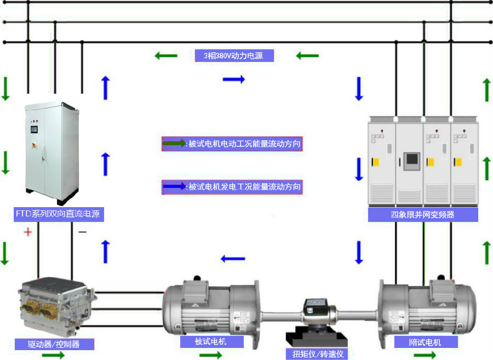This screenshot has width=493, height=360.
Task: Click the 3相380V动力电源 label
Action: pos(234,55)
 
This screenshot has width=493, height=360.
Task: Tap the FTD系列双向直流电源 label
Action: pos(58,214)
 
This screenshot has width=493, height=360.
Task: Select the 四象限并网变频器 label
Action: pos(422,215)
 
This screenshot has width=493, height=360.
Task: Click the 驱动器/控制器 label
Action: pos(54,344)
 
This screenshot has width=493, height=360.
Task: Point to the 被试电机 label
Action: pos(211,341)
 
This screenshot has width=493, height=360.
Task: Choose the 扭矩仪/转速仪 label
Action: pos(317,354)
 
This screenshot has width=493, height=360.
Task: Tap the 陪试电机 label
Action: pos(425,342)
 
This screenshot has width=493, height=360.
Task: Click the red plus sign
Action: pos(27,232)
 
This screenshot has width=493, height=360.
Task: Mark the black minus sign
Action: pos(82,232)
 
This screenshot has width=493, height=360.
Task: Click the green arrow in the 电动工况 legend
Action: pos(175,144)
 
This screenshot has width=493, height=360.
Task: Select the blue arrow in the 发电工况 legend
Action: pos(175,187)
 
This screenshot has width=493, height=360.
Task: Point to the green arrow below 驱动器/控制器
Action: pos(53,355)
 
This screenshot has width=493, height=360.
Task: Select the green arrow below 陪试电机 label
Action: pos(425,355)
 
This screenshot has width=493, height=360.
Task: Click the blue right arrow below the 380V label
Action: pos(233,79)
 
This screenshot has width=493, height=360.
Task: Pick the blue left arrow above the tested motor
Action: pos(233,259)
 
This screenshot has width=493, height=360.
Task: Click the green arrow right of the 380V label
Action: pos(307,55)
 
